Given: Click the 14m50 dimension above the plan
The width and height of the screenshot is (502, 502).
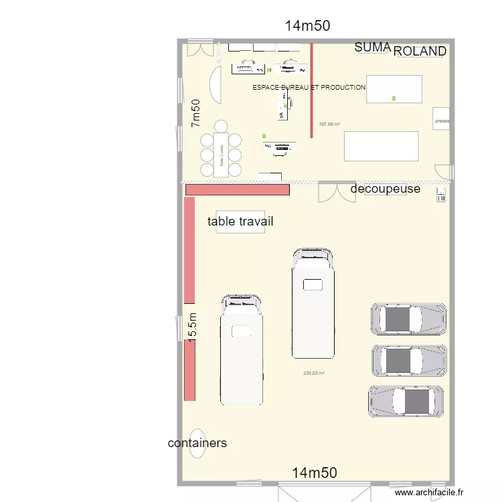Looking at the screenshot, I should [308, 26].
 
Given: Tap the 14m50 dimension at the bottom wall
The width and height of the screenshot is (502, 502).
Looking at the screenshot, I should [315, 473].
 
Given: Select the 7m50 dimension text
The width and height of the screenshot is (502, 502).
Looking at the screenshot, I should [195, 113].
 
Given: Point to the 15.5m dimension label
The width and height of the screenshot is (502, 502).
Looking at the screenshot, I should [192, 329].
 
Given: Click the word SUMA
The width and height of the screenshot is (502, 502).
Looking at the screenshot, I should [373, 48].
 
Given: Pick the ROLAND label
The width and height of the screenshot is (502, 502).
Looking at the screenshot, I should [420, 52].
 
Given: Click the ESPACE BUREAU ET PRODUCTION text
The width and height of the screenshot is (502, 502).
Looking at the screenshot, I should [309, 87].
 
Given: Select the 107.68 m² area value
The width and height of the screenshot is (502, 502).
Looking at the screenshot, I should [329, 124].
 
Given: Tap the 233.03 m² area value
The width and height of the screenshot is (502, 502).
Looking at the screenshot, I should [313, 373].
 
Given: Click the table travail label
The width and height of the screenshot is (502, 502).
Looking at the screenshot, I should [240, 222].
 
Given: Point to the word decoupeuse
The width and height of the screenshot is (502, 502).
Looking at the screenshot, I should [386, 189].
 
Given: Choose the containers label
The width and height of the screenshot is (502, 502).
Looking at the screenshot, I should [197, 443].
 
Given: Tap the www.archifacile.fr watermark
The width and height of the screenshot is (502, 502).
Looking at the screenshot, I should [429, 493].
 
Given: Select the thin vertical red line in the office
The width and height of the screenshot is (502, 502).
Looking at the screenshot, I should [311, 90].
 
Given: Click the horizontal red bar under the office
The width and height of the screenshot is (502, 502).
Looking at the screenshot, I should [237, 190].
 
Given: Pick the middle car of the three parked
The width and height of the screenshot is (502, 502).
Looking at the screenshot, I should [408, 360].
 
